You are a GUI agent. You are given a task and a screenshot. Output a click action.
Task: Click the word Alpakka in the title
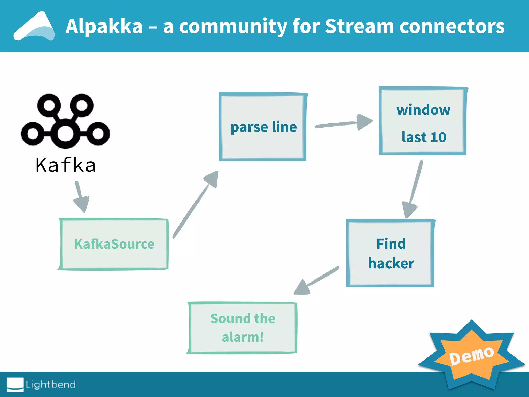(x=104, y=26)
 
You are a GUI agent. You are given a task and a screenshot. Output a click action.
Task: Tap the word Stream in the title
(x=359, y=26)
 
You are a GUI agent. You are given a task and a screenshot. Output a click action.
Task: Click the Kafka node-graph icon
(x=65, y=121)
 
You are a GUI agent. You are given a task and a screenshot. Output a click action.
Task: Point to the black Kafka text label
(x=66, y=165)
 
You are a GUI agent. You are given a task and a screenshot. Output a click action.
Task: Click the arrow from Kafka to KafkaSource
(x=81, y=196)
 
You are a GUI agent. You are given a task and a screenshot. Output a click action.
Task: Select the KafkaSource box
(x=114, y=244)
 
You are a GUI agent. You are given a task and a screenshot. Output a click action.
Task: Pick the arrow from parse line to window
(x=344, y=124)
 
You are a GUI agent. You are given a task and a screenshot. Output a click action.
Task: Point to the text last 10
(x=424, y=137)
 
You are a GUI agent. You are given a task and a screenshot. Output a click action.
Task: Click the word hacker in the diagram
(x=391, y=263)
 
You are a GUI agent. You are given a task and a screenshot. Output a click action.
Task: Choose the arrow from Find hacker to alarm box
(x=316, y=280)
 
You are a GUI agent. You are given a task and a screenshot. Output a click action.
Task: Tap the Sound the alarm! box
(x=242, y=328)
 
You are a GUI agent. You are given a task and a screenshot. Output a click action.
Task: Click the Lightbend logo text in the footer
(x=51, y=384)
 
